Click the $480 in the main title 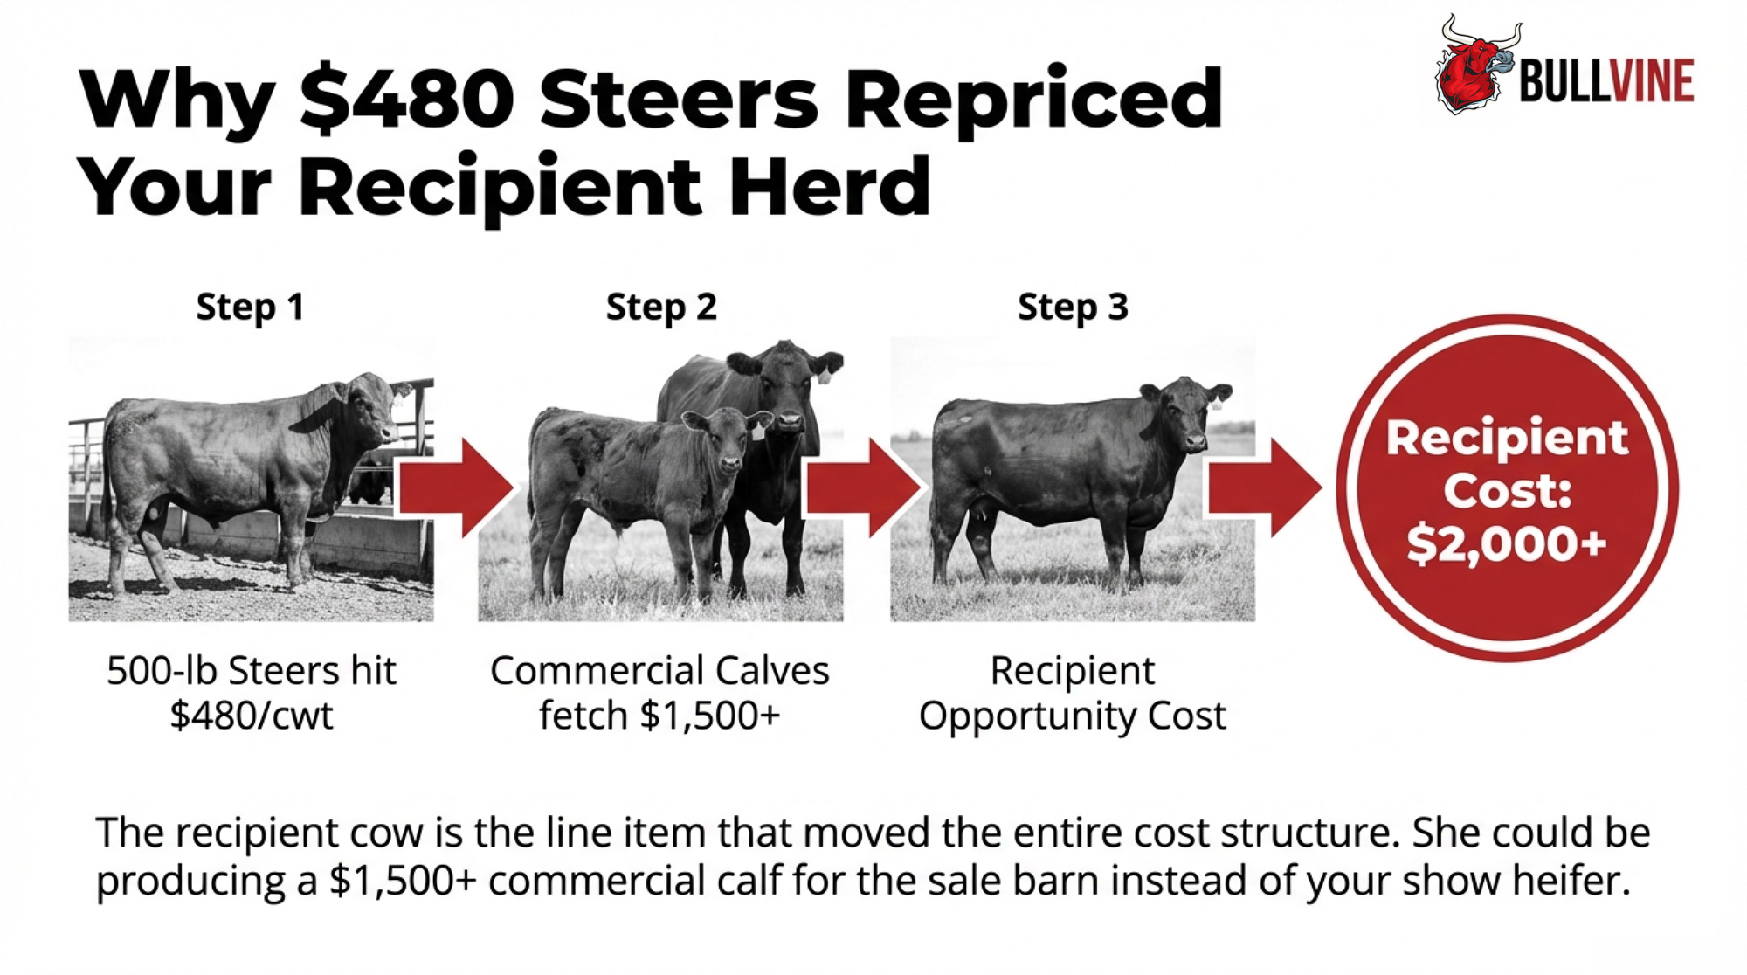point(406,98)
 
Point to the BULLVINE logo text point(1606,82)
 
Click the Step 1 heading point(250,308)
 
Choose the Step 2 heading point(661,308)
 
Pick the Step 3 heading point(1073,308)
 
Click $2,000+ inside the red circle point(1507,543)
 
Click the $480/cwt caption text point(252,716)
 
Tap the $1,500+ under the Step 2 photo point(709,716)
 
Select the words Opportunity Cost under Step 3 point(1073,716)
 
